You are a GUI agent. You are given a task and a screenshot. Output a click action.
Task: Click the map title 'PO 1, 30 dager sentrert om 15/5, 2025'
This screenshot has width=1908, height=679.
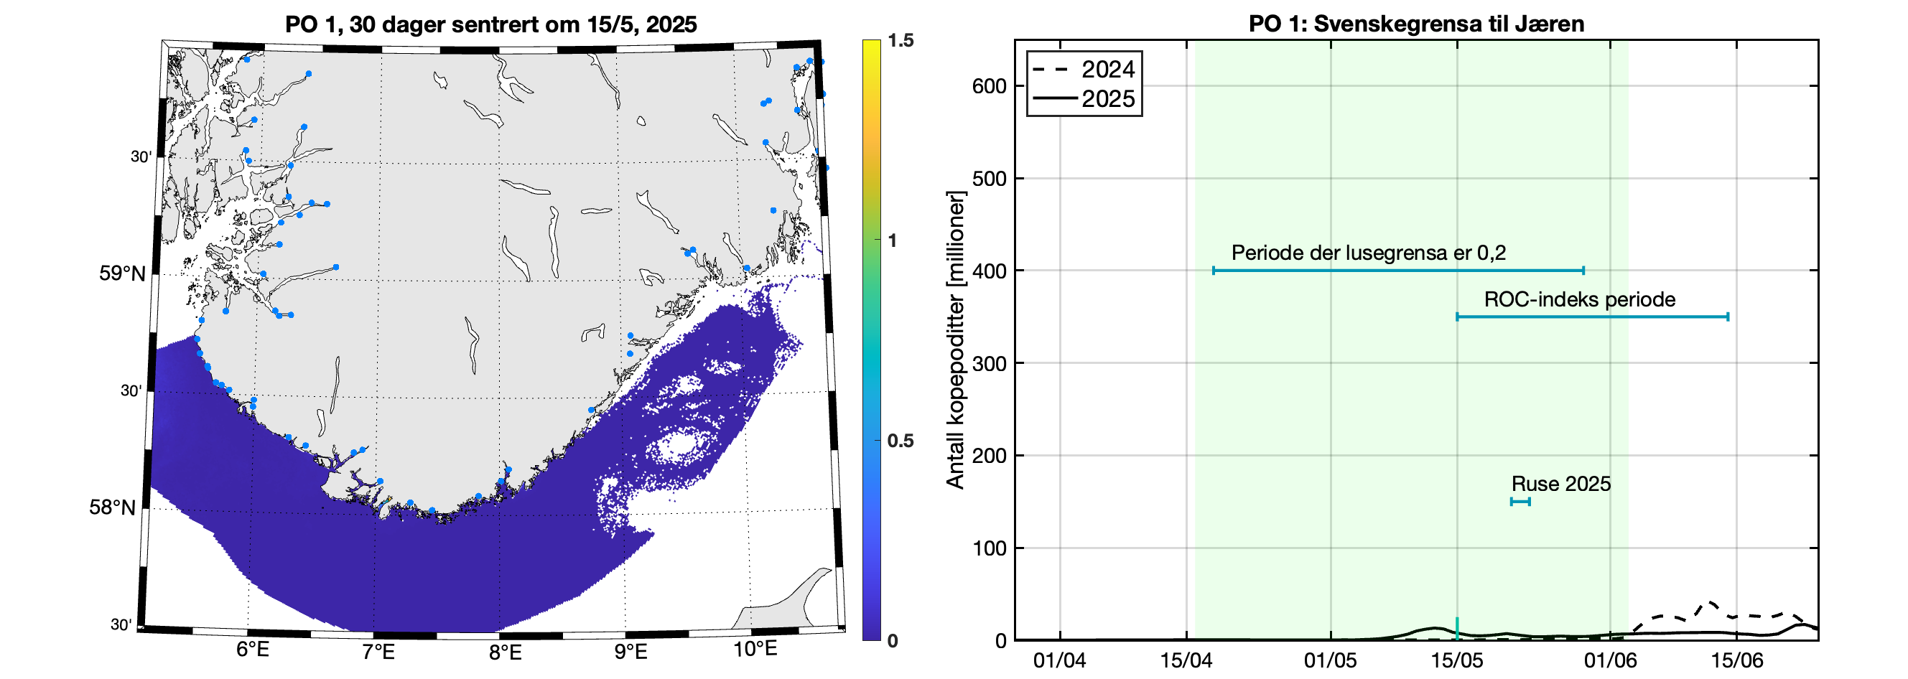(x=490, y=24)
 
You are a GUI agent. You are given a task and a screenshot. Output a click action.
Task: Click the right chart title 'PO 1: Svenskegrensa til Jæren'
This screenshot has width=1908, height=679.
(x=1416, y=24)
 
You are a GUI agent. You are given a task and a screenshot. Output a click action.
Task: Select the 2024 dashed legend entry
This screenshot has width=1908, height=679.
(x=1085, y=70)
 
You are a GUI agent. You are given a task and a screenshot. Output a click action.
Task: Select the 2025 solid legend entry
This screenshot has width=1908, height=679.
(x=1085, y=98)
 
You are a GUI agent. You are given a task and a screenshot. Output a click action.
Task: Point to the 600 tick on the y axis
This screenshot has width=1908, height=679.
(x=989, y=87)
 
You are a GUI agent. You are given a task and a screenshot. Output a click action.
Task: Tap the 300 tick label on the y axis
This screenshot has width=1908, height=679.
(x=989, y=364)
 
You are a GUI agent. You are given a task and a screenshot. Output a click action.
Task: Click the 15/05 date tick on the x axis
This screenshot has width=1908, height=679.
(x=1457, y=660)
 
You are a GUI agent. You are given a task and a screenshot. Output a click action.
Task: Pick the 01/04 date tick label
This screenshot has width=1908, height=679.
(x=1059, y=660)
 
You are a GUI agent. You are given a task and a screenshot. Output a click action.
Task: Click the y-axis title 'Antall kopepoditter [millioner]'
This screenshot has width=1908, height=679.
(x=957, y=340)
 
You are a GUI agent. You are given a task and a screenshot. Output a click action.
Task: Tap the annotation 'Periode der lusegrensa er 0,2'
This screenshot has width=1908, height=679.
(x=1368, y=253)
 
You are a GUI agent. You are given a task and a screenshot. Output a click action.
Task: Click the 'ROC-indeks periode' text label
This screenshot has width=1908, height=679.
(x=1579, y=300)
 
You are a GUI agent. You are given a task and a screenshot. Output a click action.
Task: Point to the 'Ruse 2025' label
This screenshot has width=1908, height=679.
(x=1560, y=484)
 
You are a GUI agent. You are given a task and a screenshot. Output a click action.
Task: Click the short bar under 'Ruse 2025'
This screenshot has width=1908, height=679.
(x=1520, y=502)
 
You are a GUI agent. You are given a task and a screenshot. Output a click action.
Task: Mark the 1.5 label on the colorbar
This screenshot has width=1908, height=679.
(x=901, y=41)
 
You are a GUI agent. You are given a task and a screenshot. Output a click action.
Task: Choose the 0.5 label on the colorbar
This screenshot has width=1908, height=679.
(x=900, y=441)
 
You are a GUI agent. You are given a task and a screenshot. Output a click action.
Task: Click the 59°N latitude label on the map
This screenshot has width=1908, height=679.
(x=123, y=273)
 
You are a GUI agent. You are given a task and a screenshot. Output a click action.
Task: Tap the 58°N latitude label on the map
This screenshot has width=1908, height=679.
(x=113, y=507)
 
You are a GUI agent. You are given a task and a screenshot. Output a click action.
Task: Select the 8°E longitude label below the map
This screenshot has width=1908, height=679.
(x=505, y=652)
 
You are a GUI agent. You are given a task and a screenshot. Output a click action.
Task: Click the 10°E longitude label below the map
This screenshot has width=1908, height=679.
(x=755, y=650)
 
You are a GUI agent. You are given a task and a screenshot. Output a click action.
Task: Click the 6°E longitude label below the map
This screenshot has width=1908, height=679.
(x=253, y=650)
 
